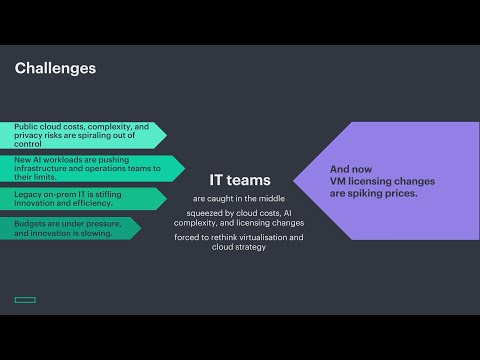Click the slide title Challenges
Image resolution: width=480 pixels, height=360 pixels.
click(x=56, y=69)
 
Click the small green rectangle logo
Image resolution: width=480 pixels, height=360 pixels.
click(x=25, y=299)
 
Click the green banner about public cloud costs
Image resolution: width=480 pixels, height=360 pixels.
click(x=85, y=135)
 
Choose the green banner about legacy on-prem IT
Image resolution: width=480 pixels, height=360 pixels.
click(x=85, y=198)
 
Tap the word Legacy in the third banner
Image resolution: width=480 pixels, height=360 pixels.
click(x=29, y=193)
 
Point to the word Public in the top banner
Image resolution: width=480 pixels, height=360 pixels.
click(x=27, y=127)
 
